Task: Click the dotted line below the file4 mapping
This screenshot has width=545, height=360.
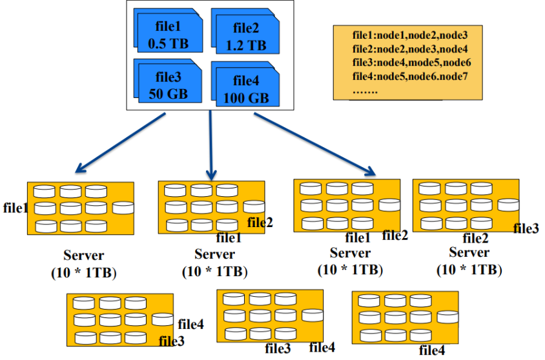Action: (x=365, y=90)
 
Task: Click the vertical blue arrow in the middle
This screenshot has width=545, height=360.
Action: (x=211, y=145)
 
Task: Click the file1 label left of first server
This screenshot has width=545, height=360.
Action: (x=14, y=208)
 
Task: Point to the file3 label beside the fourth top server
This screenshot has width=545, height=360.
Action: (x=526, y=228)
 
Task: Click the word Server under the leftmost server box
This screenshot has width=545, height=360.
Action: (x=83, y=255)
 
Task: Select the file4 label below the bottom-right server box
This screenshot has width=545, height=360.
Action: (x=432, y=351)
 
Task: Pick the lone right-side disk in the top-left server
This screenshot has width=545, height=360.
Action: (x=123, y=208)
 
